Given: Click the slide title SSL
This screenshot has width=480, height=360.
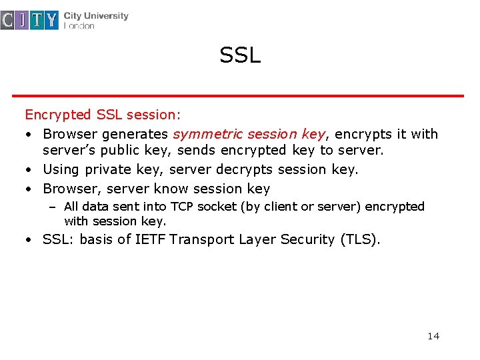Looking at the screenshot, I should pos(240,55).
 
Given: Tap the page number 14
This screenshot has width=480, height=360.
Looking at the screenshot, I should pos(433,335).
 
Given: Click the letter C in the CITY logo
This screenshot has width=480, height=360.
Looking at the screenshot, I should pos(7,21).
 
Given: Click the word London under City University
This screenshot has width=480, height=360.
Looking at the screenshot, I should pos(79,26).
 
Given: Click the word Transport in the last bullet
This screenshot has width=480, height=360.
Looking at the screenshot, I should pos(200,239).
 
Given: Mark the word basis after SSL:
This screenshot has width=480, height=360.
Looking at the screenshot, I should pos(96,239).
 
